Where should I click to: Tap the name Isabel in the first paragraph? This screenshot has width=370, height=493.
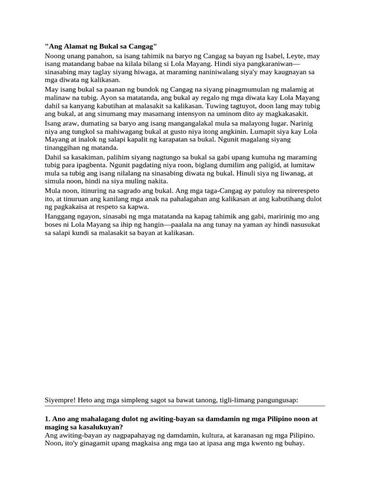coord(271,56)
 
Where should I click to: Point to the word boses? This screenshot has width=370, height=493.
coord(54,225)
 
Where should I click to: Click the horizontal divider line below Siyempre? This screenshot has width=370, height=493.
coord(185,406)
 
